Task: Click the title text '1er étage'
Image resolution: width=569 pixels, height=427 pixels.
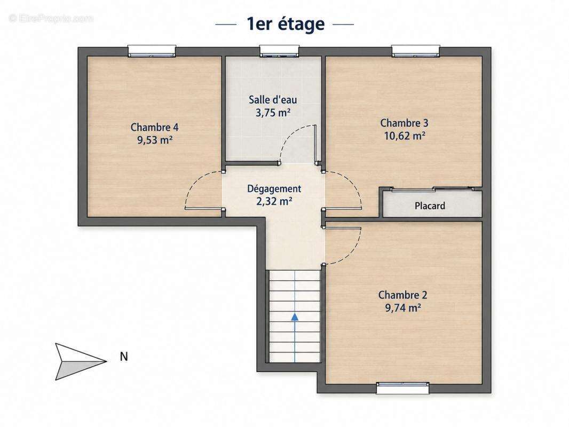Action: coord(286,24)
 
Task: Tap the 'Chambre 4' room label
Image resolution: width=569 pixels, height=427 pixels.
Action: coord(155,128)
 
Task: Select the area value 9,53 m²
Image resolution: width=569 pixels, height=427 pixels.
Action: coord(155,140)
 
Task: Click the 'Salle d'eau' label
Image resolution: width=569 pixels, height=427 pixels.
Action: coord(273,100)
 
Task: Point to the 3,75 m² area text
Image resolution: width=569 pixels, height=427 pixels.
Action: coord(273,113)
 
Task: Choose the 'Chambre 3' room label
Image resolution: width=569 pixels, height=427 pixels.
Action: coord(404,123)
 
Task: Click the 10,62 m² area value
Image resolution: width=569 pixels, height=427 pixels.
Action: coord(404,136)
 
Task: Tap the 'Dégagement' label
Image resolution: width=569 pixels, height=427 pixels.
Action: coord(274,189)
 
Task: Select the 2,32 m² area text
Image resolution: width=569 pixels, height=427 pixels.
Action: coord(274,201)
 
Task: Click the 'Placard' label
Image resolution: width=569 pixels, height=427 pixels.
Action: coord(430,206)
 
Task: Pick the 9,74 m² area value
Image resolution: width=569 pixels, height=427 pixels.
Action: coord(403,308)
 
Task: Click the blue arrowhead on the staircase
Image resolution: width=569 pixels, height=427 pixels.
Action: coord(295,317)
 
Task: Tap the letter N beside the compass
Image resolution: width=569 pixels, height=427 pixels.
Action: coord(124,357)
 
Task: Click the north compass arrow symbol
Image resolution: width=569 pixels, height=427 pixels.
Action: coord(81,361)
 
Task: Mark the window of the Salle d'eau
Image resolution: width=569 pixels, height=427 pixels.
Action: coord(279,51)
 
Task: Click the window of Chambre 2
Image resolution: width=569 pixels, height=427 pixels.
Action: coord(403,388)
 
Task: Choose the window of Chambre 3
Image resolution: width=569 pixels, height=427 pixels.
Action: coord(416,51)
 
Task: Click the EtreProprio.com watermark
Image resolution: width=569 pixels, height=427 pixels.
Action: coord(51,19)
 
